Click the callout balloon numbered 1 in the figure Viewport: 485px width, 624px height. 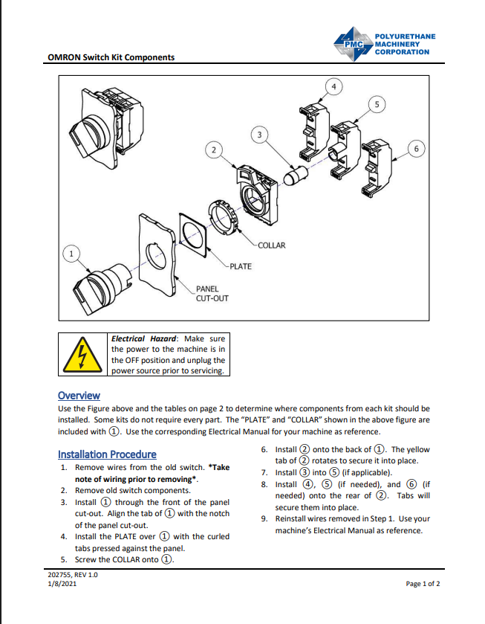coord(71,254)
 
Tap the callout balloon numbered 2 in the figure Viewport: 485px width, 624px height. coord(214,150)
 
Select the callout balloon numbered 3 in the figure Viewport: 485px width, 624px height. coord(258,135)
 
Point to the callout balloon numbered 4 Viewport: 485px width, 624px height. coord(333,87)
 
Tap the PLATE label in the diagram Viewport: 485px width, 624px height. coord(240,266)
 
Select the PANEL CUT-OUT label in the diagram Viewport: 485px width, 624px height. coord(212,294)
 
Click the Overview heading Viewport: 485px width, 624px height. coord(79,396)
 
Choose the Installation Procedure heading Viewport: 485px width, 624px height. coord(107,454)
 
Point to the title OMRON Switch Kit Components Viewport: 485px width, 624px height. coord(111,57)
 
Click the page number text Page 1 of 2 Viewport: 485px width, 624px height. coord(423,584)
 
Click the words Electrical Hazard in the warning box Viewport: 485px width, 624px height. coord(144,339)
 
